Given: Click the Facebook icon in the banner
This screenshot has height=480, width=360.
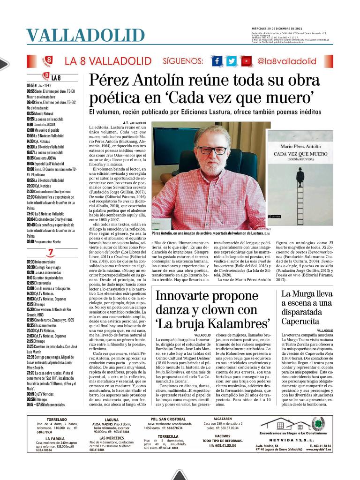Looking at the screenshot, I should click(217, 61).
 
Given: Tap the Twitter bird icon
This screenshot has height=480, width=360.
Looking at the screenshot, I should click(232, 61).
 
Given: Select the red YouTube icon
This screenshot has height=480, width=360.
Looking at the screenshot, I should click(246, 61).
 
